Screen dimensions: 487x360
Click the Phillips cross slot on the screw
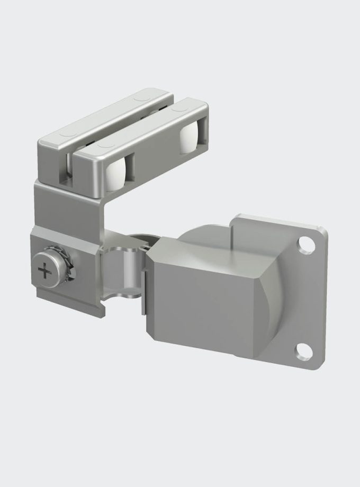[x=46, y=272]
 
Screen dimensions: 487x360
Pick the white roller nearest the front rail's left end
[x=116, y=173]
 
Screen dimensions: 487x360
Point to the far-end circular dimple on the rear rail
[x=141, y=98]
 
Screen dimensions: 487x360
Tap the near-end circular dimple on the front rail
[x=103, y=143]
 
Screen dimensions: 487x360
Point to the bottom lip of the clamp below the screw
[x=69, y=307]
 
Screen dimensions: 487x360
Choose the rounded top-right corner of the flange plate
[x=322, y=230]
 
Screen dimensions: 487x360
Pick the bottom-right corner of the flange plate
[x=318, y=365]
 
